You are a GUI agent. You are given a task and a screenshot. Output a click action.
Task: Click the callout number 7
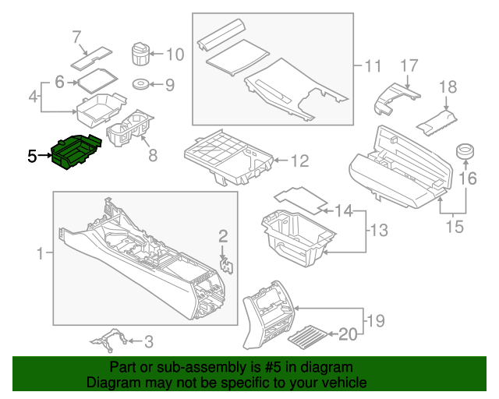click(76, 36)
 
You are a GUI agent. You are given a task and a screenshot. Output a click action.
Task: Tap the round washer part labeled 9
click(142, 84)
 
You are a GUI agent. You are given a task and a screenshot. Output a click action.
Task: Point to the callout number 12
click(299, 161)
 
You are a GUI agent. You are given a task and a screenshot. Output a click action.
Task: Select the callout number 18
click(447, 87)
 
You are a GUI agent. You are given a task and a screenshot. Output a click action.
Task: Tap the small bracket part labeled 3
click(108, 340)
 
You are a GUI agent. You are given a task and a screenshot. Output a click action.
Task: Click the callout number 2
click(223, 236)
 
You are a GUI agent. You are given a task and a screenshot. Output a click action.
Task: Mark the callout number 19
click(375, 320)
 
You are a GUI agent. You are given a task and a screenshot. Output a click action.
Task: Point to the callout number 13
click(377, 231)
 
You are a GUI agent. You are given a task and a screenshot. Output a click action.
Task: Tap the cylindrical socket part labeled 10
click(140, 55)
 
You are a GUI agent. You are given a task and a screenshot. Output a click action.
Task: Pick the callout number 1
click(41, 254)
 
